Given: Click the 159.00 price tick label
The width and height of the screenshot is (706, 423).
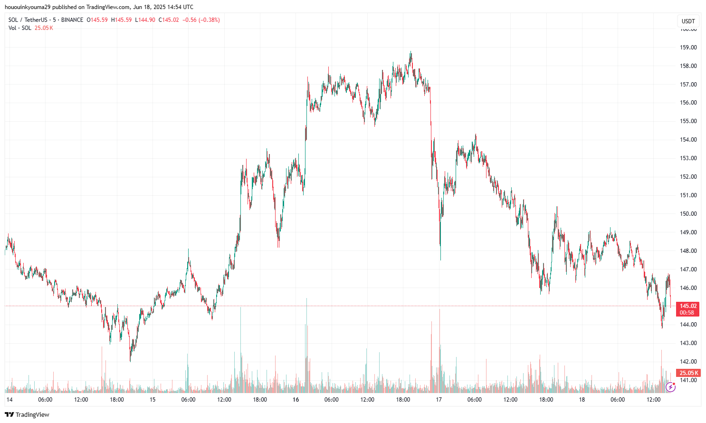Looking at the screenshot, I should (x=688, y=48).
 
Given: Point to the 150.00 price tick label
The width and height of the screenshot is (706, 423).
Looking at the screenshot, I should (x=688, y=214).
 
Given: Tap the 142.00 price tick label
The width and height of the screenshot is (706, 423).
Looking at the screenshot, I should (x=688, y=362).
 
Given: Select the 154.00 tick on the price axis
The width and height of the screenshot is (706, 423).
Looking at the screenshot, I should (x=688, y=140).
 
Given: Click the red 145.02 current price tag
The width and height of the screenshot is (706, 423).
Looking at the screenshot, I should (x=688, y=306).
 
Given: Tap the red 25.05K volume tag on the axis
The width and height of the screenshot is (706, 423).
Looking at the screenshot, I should (x=688, y=373).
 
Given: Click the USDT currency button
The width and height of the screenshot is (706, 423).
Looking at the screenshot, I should (x=688, y=21).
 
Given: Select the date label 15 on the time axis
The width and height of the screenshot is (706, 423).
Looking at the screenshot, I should (x=153, y=400).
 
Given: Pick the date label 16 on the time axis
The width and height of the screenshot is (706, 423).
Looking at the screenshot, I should (x=296, y=400).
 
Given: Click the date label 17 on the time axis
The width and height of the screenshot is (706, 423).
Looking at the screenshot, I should (x=439, y=400).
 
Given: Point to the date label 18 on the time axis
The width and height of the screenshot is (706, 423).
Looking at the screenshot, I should (x=582, y=400).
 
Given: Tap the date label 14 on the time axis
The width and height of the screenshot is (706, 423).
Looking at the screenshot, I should (x=10, y=400).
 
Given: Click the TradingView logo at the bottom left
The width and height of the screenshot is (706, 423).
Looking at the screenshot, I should (x=27, y=414).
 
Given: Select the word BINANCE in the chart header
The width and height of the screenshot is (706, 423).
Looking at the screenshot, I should (x=72, y=20).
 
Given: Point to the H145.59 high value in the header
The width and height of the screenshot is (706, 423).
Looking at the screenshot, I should (x=121, y=20).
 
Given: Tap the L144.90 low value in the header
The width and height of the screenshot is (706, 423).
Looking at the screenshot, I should (x=145, y=20).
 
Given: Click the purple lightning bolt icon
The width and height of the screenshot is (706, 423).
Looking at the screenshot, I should (x=670, y=387).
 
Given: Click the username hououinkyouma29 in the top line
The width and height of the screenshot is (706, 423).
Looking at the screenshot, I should (x=28, y=7).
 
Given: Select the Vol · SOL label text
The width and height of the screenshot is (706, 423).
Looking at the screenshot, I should (x=20, y=28).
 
